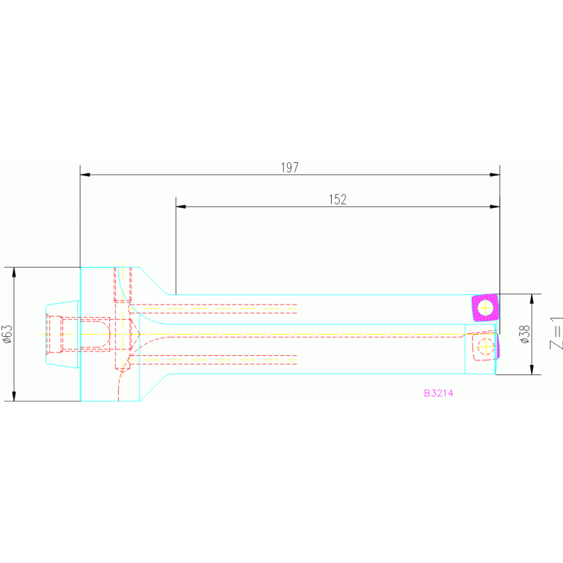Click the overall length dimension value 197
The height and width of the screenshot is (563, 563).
point(289,167)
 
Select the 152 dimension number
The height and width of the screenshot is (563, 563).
point(337,199)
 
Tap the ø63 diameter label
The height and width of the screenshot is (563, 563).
point(7,334)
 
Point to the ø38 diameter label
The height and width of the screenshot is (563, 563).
point(524,335)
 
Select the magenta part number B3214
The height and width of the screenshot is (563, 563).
point(438,393)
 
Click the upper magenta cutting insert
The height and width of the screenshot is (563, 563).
point(484,307)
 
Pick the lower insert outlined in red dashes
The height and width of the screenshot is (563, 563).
point(484,346)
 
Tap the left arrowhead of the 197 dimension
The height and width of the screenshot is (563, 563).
point(84,175)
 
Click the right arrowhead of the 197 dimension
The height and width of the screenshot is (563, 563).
point(495,175)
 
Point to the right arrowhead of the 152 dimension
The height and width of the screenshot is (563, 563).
point(495,206)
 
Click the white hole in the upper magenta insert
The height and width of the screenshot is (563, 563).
point(484,306)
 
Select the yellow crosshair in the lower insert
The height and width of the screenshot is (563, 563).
point(484,345)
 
